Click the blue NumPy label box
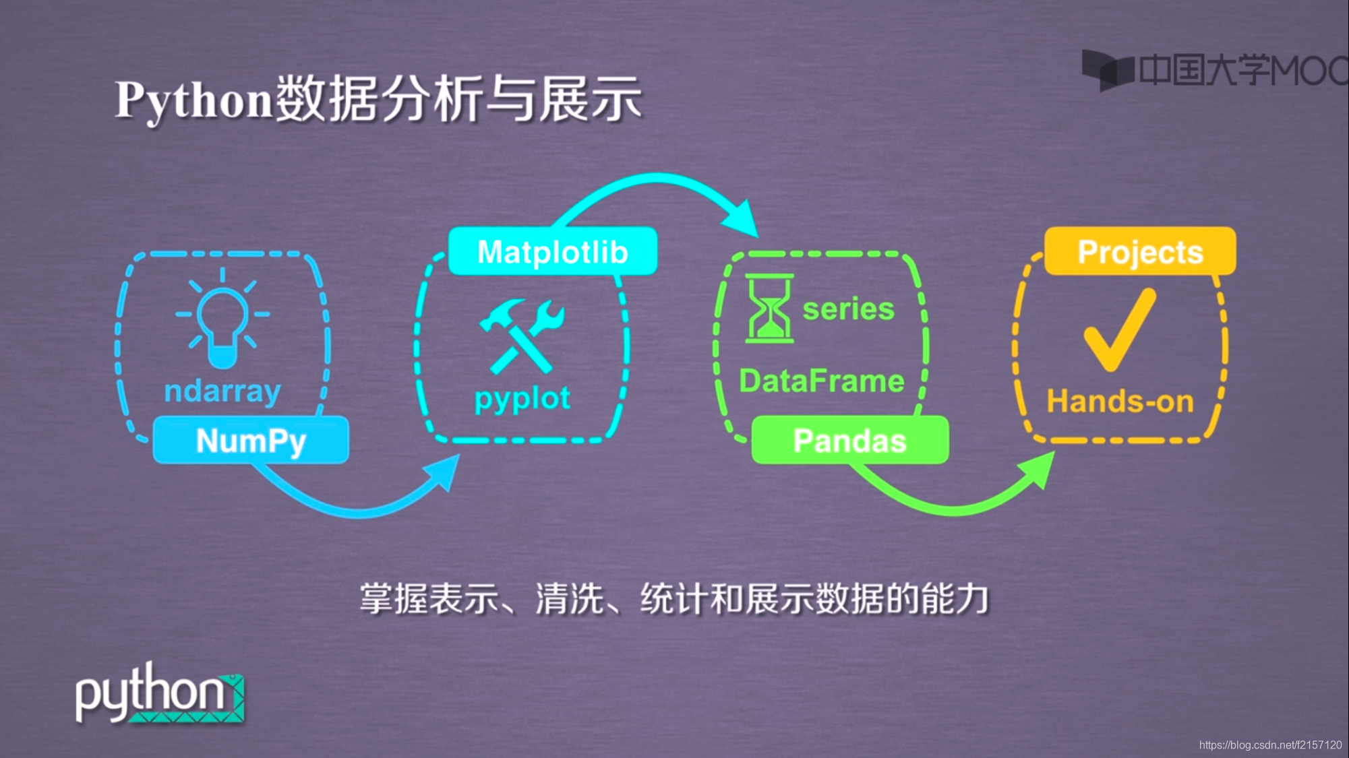251,441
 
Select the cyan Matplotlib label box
552,251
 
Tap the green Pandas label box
849,441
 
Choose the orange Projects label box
1139,251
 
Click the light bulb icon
222,319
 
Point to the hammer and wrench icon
522,336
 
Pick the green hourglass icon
769,309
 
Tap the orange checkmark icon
1119,329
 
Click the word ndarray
222,391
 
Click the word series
848,309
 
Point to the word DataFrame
822,381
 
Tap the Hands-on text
1120,402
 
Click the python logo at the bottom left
159,694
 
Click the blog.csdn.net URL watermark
1270,745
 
